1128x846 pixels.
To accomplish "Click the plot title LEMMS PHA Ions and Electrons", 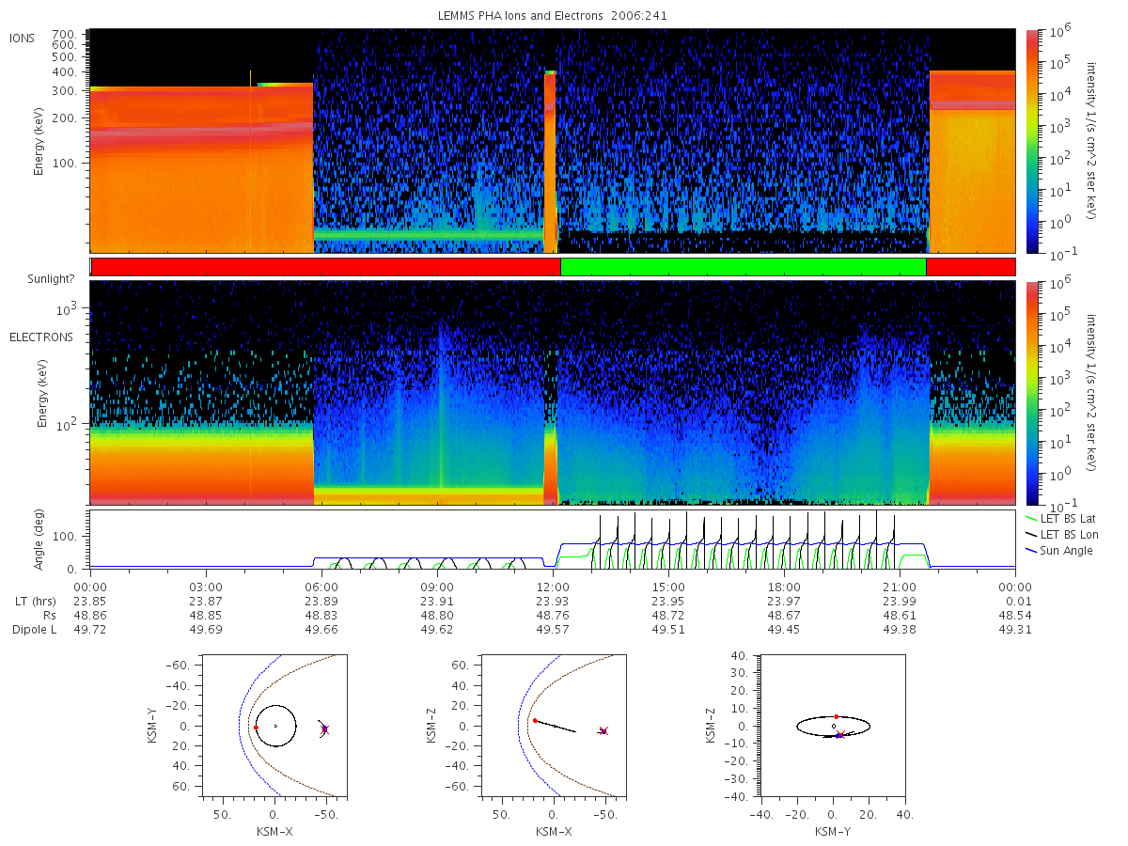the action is coord(520,16).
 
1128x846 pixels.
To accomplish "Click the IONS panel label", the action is coord(23,39).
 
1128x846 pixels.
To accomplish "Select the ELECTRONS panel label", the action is coord(41,337).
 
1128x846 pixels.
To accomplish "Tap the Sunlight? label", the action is coord(51,279).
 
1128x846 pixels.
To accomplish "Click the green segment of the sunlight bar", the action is coord(744,267).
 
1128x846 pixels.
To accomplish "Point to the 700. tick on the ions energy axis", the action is coord(64,35).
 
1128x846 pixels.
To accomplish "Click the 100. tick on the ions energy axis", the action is coord(64,164).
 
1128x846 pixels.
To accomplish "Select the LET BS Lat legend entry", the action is coord(1060,519).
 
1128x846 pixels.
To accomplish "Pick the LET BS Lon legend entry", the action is coord(1061,535).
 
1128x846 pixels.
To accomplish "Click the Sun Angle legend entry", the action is coord(1058,551).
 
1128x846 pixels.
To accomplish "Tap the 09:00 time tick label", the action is coord(437,587).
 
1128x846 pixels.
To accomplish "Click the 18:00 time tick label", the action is coord(784,587).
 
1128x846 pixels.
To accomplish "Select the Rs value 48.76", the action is coord(553,616).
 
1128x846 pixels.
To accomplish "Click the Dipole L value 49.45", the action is coord(784,630).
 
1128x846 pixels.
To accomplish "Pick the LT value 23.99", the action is coord(900,602).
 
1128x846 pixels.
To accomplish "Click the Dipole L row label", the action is coord(34,630).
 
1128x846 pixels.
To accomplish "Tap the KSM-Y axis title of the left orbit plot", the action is coord(151,726).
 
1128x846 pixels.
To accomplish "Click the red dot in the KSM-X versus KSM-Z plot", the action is coord(535,721).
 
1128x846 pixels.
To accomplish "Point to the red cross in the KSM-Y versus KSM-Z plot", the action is coord(840,734).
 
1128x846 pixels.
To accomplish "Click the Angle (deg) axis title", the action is coord(39,540).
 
